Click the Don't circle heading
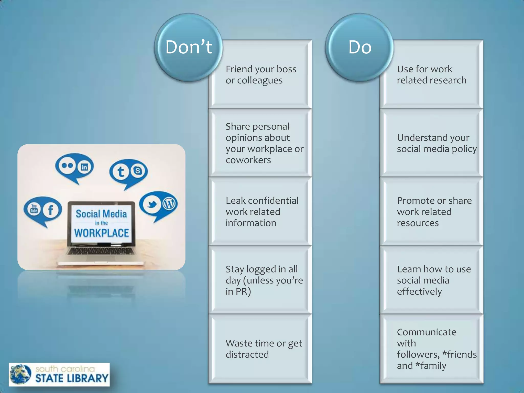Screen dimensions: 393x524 pos(189,47)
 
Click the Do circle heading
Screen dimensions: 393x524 pos(360,47)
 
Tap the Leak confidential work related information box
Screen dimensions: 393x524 pos(260,212)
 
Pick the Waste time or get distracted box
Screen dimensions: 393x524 pos(260,348)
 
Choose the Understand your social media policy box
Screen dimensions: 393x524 pos(431,143)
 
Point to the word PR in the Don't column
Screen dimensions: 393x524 pos(241,291)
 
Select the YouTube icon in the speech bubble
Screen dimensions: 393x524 pos(34,209)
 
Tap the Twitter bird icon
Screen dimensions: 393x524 pos(152,204)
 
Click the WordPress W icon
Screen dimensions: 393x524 pos(169,204)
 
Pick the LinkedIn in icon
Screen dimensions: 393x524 pos(84,167)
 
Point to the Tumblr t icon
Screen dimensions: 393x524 pos(121,172)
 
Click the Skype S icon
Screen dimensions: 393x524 pos(138,170)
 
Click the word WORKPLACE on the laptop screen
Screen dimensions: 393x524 pos(102,233)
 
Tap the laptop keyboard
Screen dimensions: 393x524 pos(101,251)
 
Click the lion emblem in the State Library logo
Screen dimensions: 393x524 pos(20,374)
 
